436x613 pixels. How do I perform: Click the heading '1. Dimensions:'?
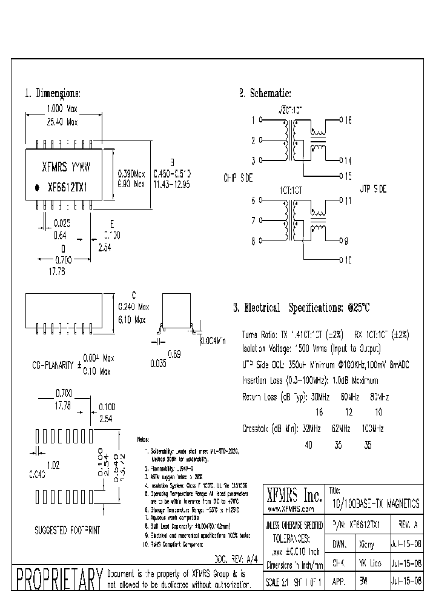click(x=52, y=94)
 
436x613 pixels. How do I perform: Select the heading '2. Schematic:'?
click(x=265, y=93)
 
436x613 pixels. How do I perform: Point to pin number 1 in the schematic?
click(x=253, y=120)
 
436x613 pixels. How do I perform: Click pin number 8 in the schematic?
click(x=253, y=240)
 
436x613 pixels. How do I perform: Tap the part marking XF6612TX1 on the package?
click(x=68, y=188)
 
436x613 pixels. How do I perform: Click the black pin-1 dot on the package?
click(x=36, y=188)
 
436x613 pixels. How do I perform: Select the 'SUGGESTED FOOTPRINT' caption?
click(x=67, y=530)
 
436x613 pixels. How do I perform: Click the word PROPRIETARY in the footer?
click(x=58, y=579)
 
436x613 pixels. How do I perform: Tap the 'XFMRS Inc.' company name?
click(x=294, y=496)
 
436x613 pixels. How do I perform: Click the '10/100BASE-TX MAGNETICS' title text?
click(x=375, y=503)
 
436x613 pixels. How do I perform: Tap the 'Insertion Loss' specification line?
click(x=309, y=381)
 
